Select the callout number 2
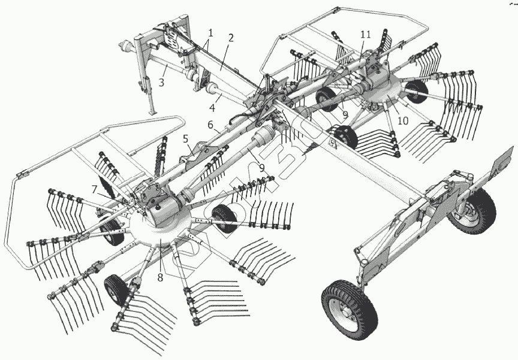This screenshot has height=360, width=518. (x=231, y=37)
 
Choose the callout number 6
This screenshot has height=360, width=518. (x=210, y=125)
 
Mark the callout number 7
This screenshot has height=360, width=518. (x=94, y=188)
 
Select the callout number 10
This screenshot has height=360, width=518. (x=403, y=120)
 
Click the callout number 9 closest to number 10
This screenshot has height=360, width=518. (x=346, y=113)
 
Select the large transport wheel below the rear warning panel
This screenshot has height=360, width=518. (x=471, y=207)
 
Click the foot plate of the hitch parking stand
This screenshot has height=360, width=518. (x=152, y=112)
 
